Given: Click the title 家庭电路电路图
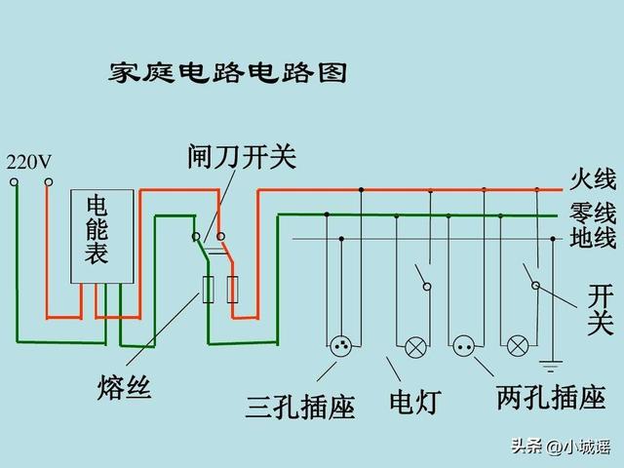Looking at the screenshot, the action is tap(227, 73).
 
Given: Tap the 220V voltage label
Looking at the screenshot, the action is tap(29, 162).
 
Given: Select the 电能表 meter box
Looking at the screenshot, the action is tap(101, 236).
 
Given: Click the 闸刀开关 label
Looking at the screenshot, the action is tap(242, 157).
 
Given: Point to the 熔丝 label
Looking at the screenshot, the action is tap(124, 387).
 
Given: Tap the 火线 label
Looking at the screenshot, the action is tap(593, 179).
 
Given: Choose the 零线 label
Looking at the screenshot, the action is tap(593, 213).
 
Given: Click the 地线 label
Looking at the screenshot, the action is tap(593, 238).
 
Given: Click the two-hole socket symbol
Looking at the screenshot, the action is tap(464, 346).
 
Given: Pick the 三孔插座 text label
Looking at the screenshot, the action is tap(300, 407).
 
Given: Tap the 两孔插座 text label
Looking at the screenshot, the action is tap(551, 398).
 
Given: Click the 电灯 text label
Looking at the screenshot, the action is tap(415, 402).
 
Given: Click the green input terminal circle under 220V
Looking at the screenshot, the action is tap(14, 182).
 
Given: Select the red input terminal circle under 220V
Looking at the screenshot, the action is tap(49, 182).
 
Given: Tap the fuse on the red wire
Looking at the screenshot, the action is tap(232, 290).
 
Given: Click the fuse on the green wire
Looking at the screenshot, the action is tap(208, 290).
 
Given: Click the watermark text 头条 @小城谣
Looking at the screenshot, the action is tap(561, 447).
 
